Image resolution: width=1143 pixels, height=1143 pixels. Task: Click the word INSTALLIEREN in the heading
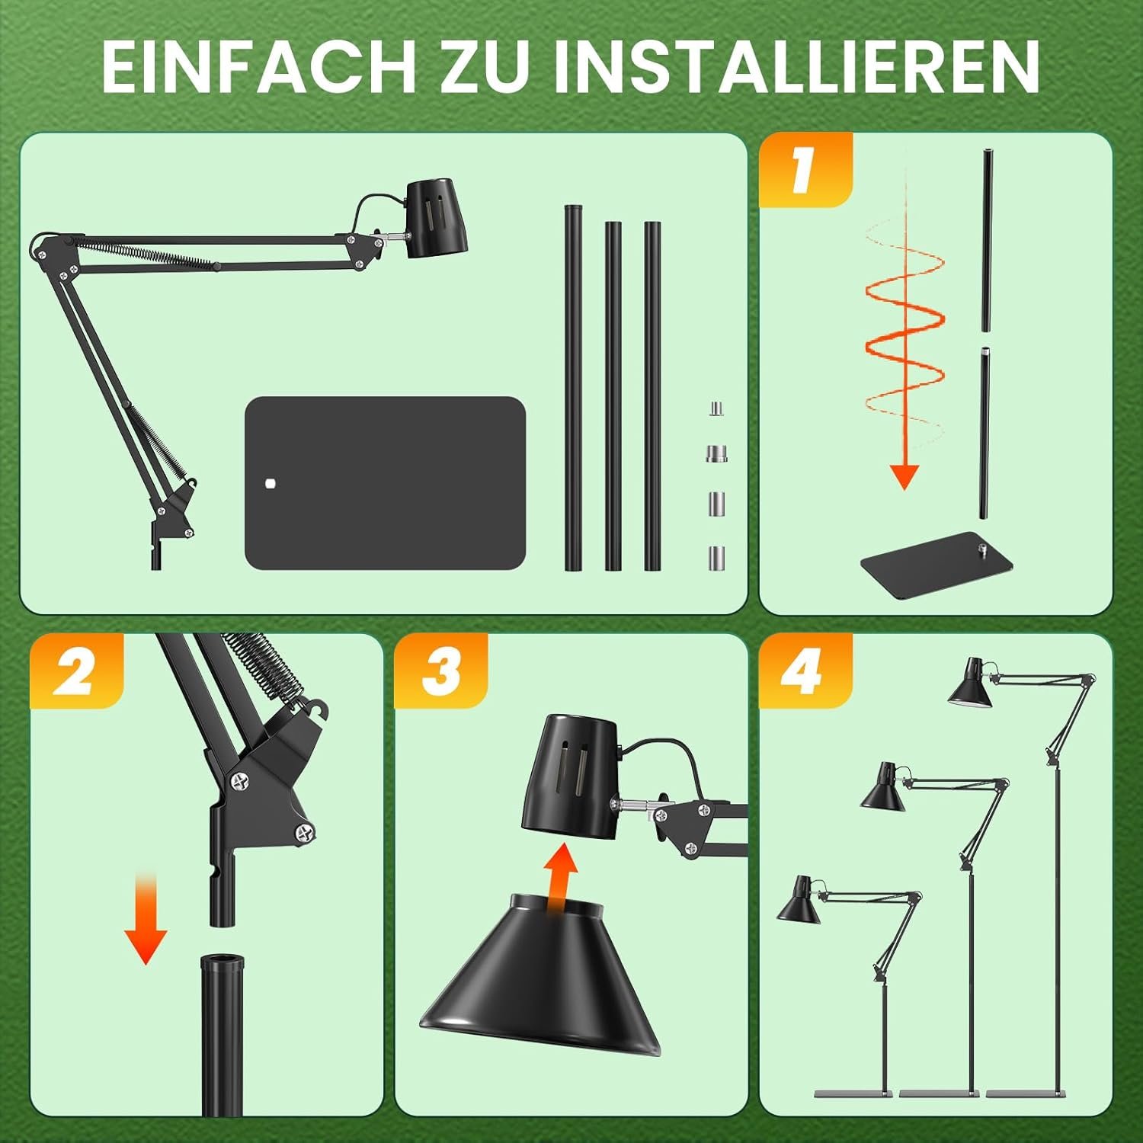coord(796,66)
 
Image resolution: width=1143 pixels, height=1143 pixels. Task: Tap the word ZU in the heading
coord(485,66)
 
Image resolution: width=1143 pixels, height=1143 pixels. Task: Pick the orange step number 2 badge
coord(76,671)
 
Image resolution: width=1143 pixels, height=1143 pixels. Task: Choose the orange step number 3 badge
coord(441,671)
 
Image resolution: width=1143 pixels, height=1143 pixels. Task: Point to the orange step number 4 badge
coord(805,671)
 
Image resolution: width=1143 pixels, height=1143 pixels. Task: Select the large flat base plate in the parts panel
coord(386,482)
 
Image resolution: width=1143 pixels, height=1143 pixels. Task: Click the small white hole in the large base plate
coord(268,482)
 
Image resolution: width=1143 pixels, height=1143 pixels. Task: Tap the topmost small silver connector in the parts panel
coord(716,409)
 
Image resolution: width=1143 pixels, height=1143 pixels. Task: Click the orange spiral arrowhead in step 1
coord(904,476)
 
